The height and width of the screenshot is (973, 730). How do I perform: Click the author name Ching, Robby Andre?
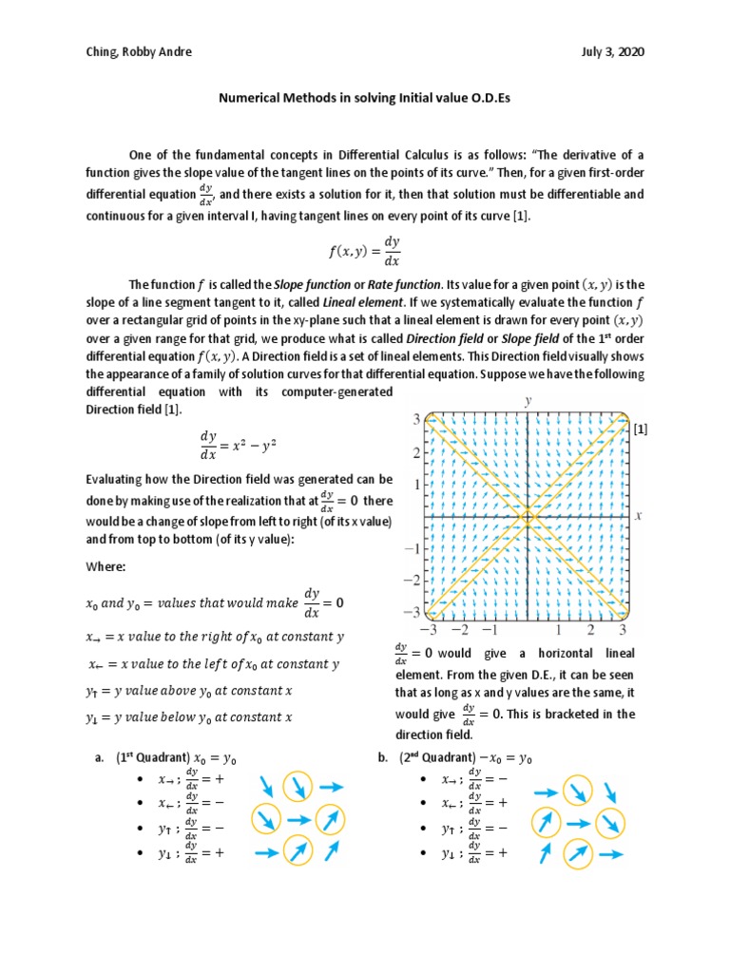(137, 53)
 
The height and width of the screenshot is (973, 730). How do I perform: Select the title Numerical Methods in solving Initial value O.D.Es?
(364, 97)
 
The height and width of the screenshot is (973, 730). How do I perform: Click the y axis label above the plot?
(528, 402)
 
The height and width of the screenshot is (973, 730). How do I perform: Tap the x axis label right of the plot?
(638, 516)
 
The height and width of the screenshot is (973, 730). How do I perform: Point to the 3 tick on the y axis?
(415, 419)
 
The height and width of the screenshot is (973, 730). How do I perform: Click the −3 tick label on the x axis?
(431, 629)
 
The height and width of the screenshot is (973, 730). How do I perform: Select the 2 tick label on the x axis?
(590, 629)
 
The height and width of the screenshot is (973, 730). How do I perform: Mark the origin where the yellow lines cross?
(528, 517)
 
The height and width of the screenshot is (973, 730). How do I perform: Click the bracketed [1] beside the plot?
(640, 430)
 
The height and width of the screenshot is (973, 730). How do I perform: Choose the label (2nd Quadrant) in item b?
(437, 758)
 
